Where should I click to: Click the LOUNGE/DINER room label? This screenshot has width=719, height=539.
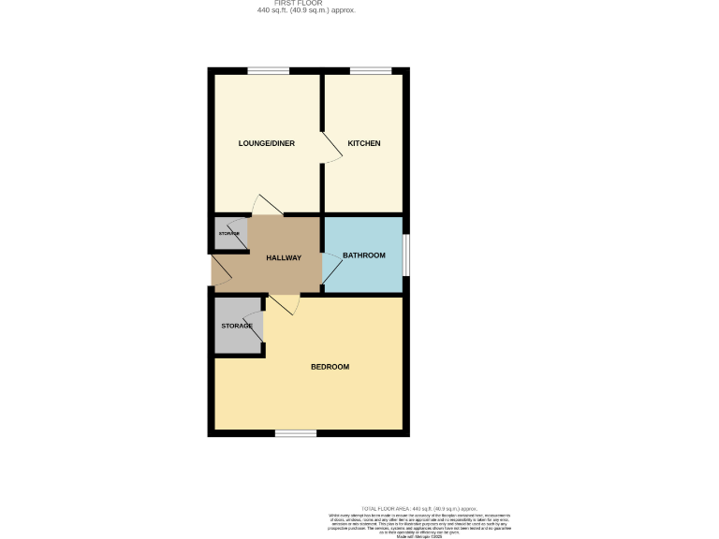click(x=267, y=143)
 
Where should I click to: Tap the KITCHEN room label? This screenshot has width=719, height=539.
click(x=364, y=143)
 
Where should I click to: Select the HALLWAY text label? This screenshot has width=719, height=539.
click(x=284, y=257)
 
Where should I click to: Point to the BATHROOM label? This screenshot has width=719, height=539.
click(x=364, y=255)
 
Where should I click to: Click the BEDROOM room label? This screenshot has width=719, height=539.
click(x=330, y=367)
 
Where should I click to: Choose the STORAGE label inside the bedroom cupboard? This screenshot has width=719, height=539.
click(x=237, y=326)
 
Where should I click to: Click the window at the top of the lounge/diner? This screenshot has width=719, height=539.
click(x=268, y=71)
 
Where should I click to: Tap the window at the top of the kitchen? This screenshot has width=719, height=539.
click(x=371, y=71)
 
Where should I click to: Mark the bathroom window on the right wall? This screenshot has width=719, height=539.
click(x=406, y=255)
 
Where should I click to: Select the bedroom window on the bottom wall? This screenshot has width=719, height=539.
click(x=296, y=432)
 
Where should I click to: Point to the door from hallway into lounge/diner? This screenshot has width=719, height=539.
click(x=267, y=206)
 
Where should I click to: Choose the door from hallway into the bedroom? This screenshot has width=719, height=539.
click(x=284, y=304)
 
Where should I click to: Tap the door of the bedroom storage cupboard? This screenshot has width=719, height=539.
click(x=258, y=328)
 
